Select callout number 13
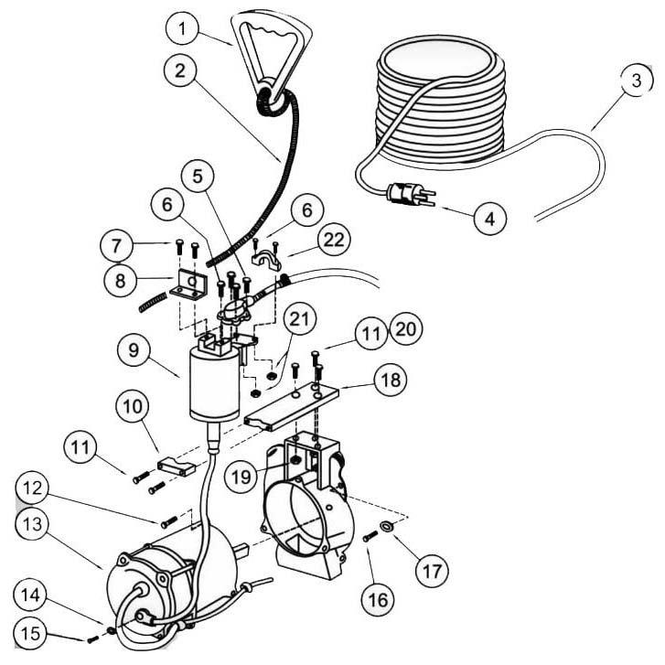pos(34,524)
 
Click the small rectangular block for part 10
pos(175,467)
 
